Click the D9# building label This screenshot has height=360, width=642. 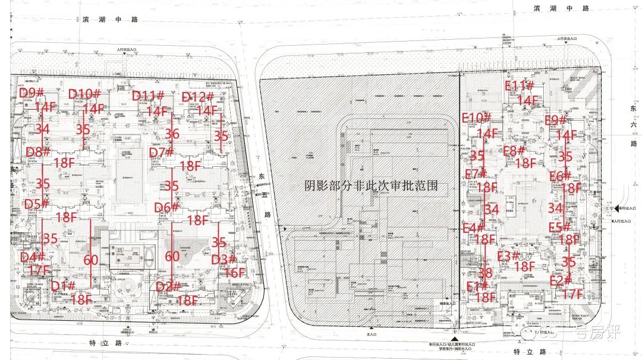[x=32, y=93]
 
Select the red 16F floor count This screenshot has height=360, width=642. [x=235, y=273]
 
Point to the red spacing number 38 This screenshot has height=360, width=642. [x=485, y=273]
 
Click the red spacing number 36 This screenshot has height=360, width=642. [x=172, y=134]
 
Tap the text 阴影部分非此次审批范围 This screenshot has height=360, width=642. [x=372, y=185]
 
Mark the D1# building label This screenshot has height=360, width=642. [x=63, y=286]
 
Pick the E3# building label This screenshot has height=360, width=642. [x=508, y=256]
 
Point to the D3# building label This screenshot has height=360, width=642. [x=224, y=260]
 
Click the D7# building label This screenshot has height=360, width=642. [x=161, y=153]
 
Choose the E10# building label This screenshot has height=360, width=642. [x=477, y=118]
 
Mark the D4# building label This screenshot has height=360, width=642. [x=33, y=257]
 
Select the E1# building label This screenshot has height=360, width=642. [x=477, y=286]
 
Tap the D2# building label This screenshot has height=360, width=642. [x=168, y=287]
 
